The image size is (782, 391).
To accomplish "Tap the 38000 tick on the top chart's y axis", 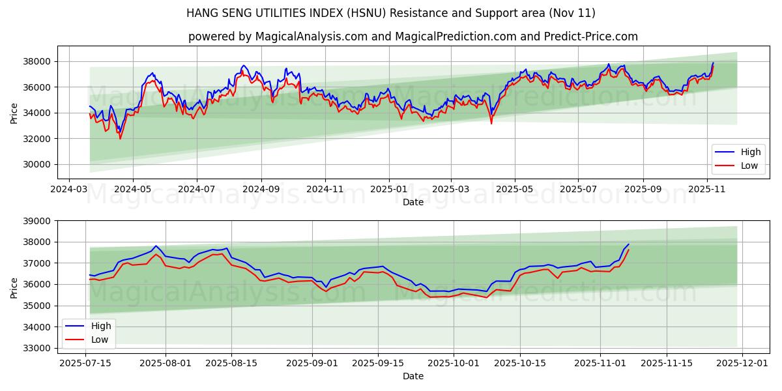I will (37, 61).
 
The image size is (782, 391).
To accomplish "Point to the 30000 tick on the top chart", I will (37, 164).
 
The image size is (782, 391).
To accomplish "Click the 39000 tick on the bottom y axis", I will (37, 221).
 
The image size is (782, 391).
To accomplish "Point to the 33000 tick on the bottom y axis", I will (37, 348).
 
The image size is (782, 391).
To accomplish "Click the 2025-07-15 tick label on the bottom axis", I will (86, 362).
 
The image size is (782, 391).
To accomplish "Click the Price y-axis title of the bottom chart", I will (14, 284).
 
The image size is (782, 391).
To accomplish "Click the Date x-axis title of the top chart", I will (413, 202).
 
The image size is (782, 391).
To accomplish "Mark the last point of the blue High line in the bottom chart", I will (629, 244).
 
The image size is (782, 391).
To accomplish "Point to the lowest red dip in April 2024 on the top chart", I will (120, 138).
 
